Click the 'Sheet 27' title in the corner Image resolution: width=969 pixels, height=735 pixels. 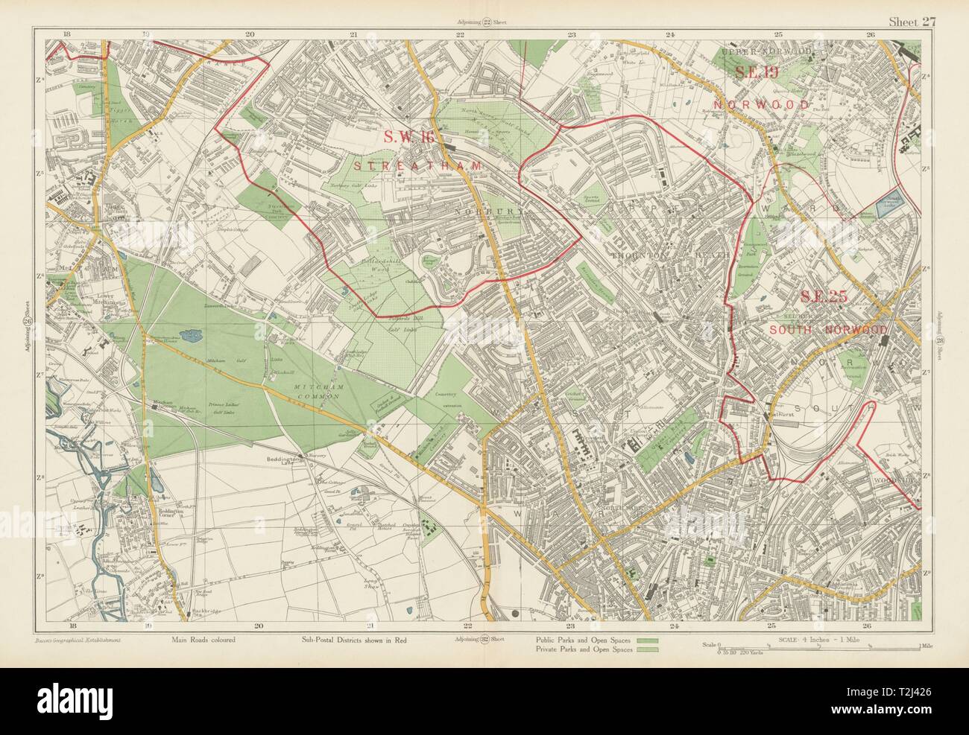[911, 22]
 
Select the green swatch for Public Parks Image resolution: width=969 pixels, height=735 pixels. [647, 640]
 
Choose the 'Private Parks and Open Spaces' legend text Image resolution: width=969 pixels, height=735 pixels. [583, 650]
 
